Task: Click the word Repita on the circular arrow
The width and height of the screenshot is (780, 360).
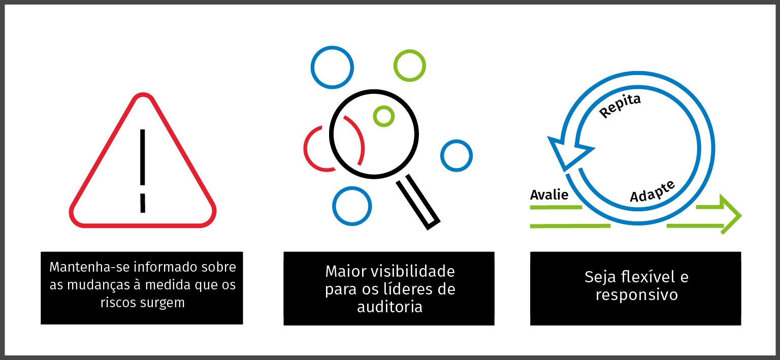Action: point(621,106)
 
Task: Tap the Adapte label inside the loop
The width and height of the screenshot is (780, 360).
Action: point(653,191)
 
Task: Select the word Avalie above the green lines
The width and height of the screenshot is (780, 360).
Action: point(549,194)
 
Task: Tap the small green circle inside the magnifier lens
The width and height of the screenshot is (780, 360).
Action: point(383,116)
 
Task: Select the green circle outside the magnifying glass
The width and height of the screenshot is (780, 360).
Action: point(409,66)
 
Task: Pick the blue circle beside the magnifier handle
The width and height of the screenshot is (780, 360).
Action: point(352,206)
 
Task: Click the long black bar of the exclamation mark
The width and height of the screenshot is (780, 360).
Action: point(143,157)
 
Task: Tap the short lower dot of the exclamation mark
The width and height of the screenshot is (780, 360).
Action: point(143,203)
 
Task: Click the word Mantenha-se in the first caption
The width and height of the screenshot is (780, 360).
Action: point(84,267)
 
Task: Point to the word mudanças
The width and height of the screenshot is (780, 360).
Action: point(96,285)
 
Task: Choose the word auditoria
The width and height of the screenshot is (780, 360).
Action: point(389,307)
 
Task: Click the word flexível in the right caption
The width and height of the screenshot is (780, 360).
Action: point(646,277)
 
